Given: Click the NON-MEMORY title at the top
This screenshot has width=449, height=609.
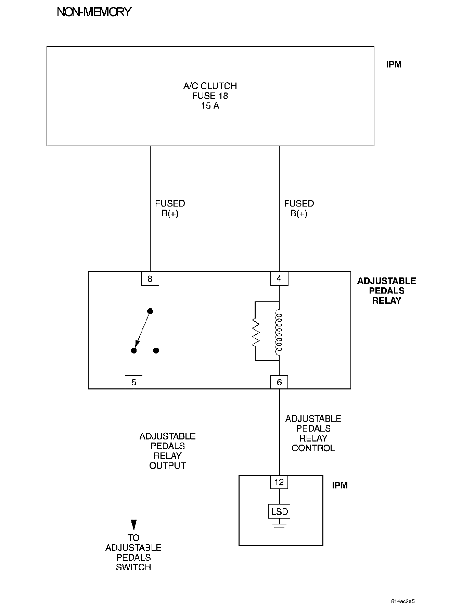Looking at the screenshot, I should point(94,12).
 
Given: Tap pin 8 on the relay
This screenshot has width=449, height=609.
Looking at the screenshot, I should point(150,279).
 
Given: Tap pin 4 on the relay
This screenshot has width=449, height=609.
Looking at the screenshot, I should point(279,279).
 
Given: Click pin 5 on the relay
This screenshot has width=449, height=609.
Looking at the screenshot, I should point(134,382).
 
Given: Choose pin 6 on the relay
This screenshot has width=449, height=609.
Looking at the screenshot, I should point(279,382).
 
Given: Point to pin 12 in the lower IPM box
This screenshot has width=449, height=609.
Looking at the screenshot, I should point(279,482).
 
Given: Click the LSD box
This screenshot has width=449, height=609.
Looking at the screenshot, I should point(279,512).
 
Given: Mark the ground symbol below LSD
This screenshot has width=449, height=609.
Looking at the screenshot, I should point(279,526).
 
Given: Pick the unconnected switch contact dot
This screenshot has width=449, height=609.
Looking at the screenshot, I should point(156,350).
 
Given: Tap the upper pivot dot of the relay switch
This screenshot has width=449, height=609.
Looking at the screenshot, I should point(150,311).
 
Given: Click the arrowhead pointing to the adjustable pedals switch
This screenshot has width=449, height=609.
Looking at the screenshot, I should point(134,525).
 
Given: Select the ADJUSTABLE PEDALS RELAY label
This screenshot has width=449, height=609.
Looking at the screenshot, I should point(386,291).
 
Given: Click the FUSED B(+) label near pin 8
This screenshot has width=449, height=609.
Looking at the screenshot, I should point(170,208).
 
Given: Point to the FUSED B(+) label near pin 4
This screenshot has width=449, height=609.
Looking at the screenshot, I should point(299,208).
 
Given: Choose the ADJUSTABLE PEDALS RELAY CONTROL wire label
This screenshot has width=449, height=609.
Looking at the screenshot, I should point(313,433).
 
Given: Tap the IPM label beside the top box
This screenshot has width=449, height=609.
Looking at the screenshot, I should point(394,64).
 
